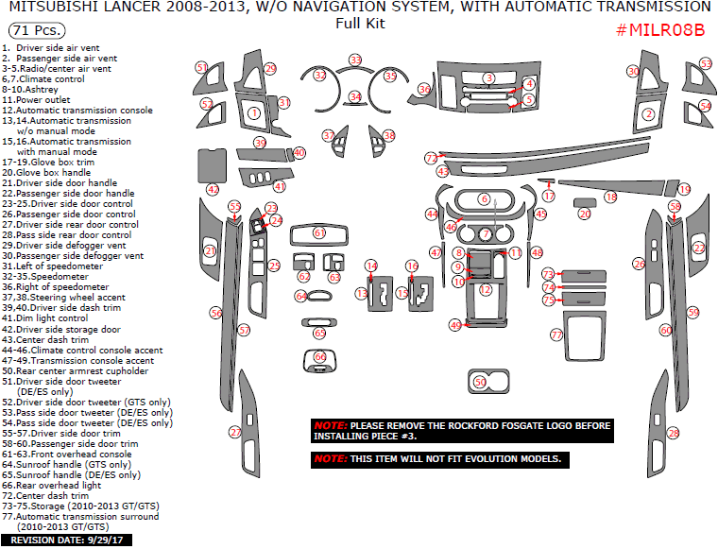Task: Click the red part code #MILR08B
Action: click(660, 29)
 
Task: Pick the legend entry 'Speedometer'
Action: click(60, 276)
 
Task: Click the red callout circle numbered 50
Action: click(479, 382)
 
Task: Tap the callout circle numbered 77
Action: click(556, 335)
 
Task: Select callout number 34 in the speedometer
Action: click(355, 96)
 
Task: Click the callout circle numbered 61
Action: click(319, 232)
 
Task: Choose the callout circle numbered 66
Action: click(319, 356)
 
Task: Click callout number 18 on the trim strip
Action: click(610, 197)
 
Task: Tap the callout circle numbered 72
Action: click(431, 158)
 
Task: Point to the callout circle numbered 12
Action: click(485, 290)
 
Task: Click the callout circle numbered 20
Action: click(585, 214)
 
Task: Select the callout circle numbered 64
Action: click(300, 296)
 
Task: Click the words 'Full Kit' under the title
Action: click(359, 23)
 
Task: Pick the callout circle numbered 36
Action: click(424, 89)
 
